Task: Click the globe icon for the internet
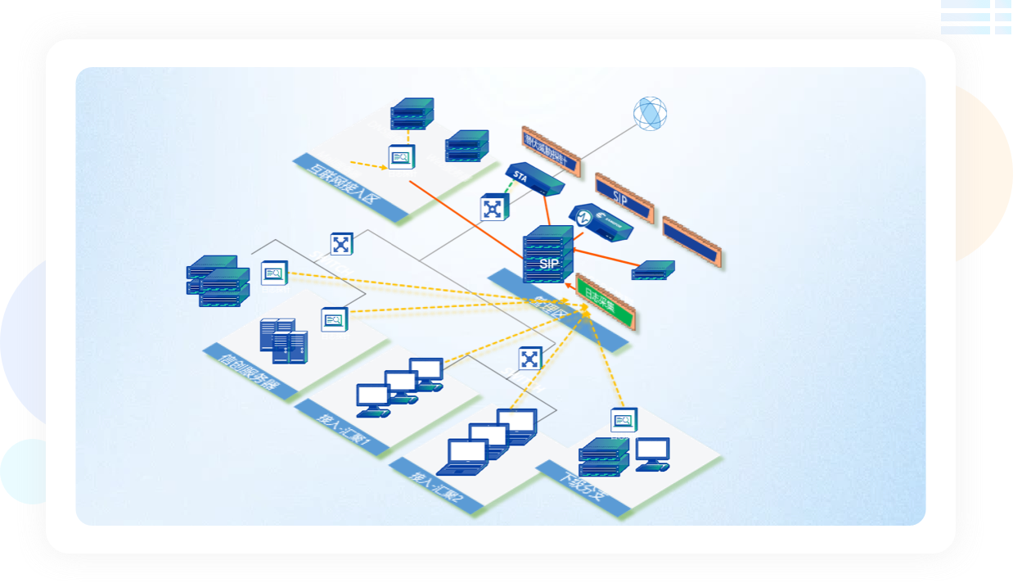tap(650, 113)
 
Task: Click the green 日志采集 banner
tap(606, 302)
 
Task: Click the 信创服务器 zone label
tap(250, 373)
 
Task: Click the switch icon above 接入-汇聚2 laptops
tap(530, 358)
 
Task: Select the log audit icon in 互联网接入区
tap(401, 156)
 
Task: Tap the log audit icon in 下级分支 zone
tap(624, 421)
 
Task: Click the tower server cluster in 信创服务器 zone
tap(284, 340)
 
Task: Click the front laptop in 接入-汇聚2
tap(463, 457)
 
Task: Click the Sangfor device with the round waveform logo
tap(601, 223)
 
